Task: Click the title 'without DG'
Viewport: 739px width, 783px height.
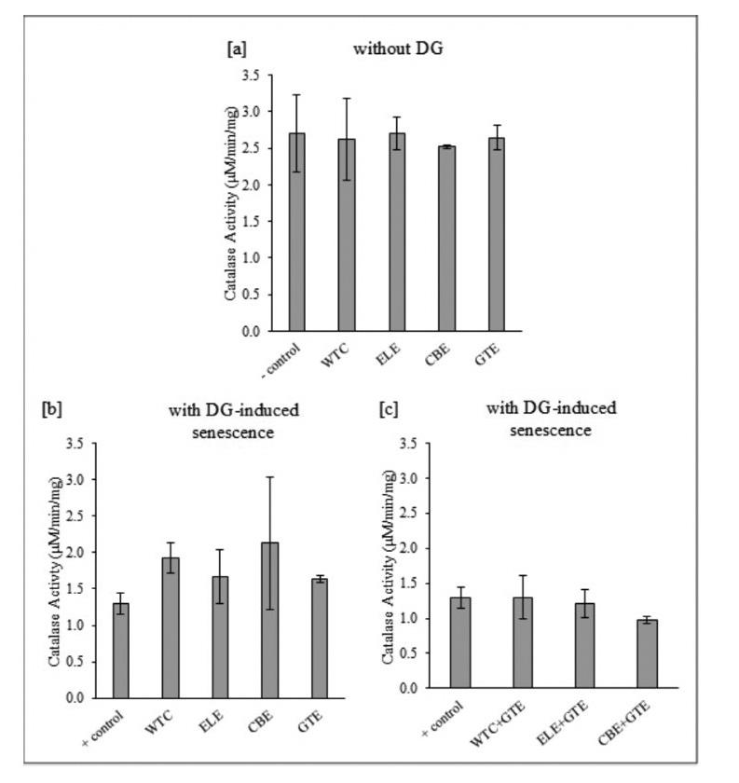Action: [x=397, y=48]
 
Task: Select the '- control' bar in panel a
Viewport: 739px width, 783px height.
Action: [x=296, y=232]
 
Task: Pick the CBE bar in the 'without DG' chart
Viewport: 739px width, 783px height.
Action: [x=445, y=239]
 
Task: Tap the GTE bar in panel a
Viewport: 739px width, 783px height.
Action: [x=497, y=234]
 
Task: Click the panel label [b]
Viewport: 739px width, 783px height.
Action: [x=52, y=408]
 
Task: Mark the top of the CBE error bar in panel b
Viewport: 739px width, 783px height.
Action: [x=269, y=477]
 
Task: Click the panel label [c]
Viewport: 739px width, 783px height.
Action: [x=389, y=408]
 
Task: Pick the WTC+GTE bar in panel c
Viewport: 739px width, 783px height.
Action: [x=523, y=642]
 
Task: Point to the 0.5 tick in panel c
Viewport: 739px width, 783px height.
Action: [x=407, y=653]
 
